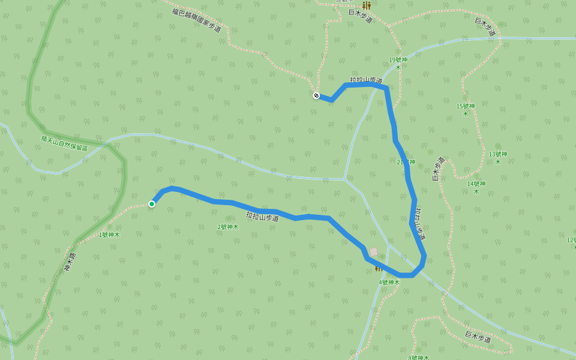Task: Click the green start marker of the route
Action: tap(152, 204)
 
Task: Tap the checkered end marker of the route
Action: tap(316, 95)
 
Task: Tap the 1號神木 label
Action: tap(109, 235)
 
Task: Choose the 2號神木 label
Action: tap(228, 227)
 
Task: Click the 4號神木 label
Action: tap(389, 282)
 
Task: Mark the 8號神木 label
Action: tap(418, 358)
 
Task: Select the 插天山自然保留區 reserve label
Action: tap(64, 143)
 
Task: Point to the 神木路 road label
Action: tap(70, 262)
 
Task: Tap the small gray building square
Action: tap(374, 251)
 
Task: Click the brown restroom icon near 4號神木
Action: tap(379, 268)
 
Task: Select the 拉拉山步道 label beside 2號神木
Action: tap(262, 217)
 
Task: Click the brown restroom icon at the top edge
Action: tap(366, 5)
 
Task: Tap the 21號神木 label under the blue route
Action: tap(406, 162)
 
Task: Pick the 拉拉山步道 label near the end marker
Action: tap(366, 80)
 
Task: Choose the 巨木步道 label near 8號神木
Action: tap(478, 337)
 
